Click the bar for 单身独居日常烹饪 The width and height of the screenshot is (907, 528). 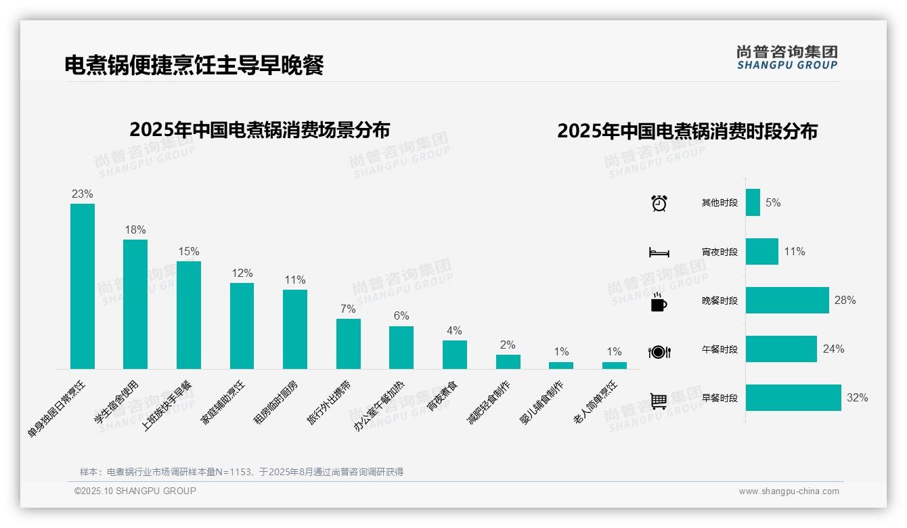83,286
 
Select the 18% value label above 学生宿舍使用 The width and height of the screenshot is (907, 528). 135,230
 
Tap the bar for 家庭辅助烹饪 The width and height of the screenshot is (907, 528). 242,326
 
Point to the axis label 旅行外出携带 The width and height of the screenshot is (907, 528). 329,402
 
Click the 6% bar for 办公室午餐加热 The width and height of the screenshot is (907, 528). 401,347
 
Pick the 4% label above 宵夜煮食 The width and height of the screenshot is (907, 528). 454,331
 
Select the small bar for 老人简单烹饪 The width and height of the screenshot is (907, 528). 614,366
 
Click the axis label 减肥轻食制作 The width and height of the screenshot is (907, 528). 489,402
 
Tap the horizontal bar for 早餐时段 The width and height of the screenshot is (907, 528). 793,398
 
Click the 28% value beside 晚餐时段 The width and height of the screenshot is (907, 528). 845,301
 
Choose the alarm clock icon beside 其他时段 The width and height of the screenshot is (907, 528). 659,203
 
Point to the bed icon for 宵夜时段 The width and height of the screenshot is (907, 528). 659,252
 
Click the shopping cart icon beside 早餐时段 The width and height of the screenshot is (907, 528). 659,401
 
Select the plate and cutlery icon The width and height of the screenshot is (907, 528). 659,352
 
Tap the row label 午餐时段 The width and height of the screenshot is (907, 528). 720,350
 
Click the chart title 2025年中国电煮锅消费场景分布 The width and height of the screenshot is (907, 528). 259,129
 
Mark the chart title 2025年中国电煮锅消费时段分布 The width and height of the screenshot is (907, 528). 687,131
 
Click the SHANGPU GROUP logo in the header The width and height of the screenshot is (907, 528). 787,58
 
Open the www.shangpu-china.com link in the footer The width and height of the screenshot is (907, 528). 789,491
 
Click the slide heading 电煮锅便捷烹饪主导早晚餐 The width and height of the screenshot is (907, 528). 194,65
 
